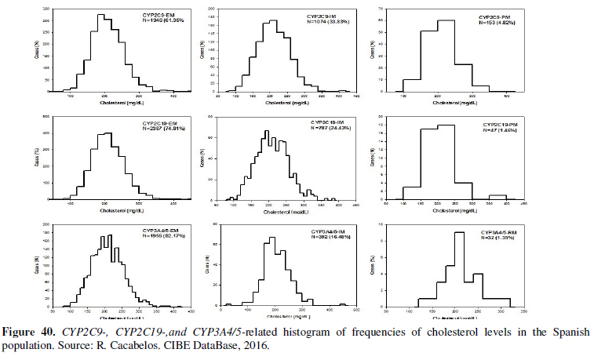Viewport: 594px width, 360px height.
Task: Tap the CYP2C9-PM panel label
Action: coord(494,16)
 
